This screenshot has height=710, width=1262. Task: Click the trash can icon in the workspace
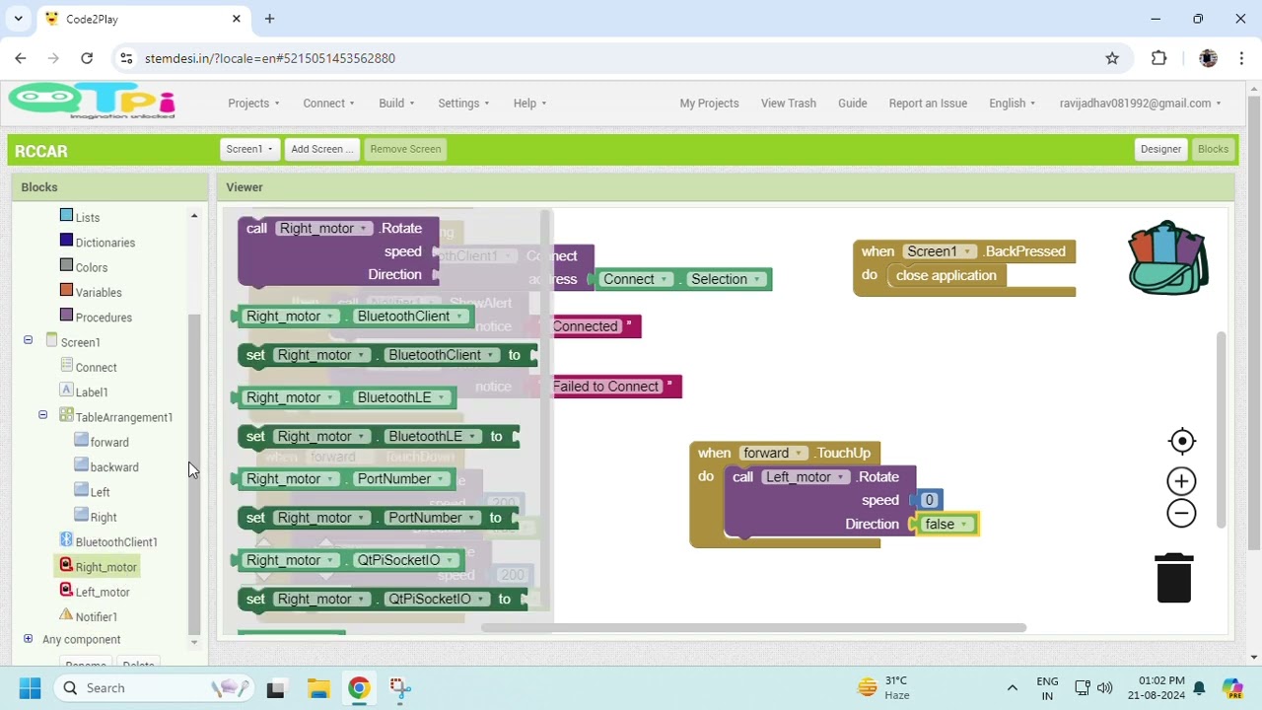point(1173,578)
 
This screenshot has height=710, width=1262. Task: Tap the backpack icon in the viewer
point(1168,258)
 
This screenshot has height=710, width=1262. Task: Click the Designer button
point(1160,149)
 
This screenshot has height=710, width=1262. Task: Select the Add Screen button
point(322,149)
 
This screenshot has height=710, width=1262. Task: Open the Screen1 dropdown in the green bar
point(249,149)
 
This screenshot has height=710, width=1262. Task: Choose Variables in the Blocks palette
point(99,293)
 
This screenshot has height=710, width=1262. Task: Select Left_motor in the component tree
point(103,592)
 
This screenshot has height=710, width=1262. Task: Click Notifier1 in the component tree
point(97,616)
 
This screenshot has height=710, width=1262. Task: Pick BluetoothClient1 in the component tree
point(116,541)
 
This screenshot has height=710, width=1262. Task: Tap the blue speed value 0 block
point(929,500)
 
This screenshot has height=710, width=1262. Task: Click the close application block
point(946,276)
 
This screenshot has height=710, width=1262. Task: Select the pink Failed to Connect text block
point(606,387)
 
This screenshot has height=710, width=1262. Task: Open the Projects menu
point(253,103)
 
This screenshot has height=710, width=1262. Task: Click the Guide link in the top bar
point(852,103)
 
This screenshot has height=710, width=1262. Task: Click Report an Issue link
point(928,103)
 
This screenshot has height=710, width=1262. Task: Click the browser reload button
point(87,58)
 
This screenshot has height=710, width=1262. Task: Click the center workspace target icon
point(1181,441)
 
